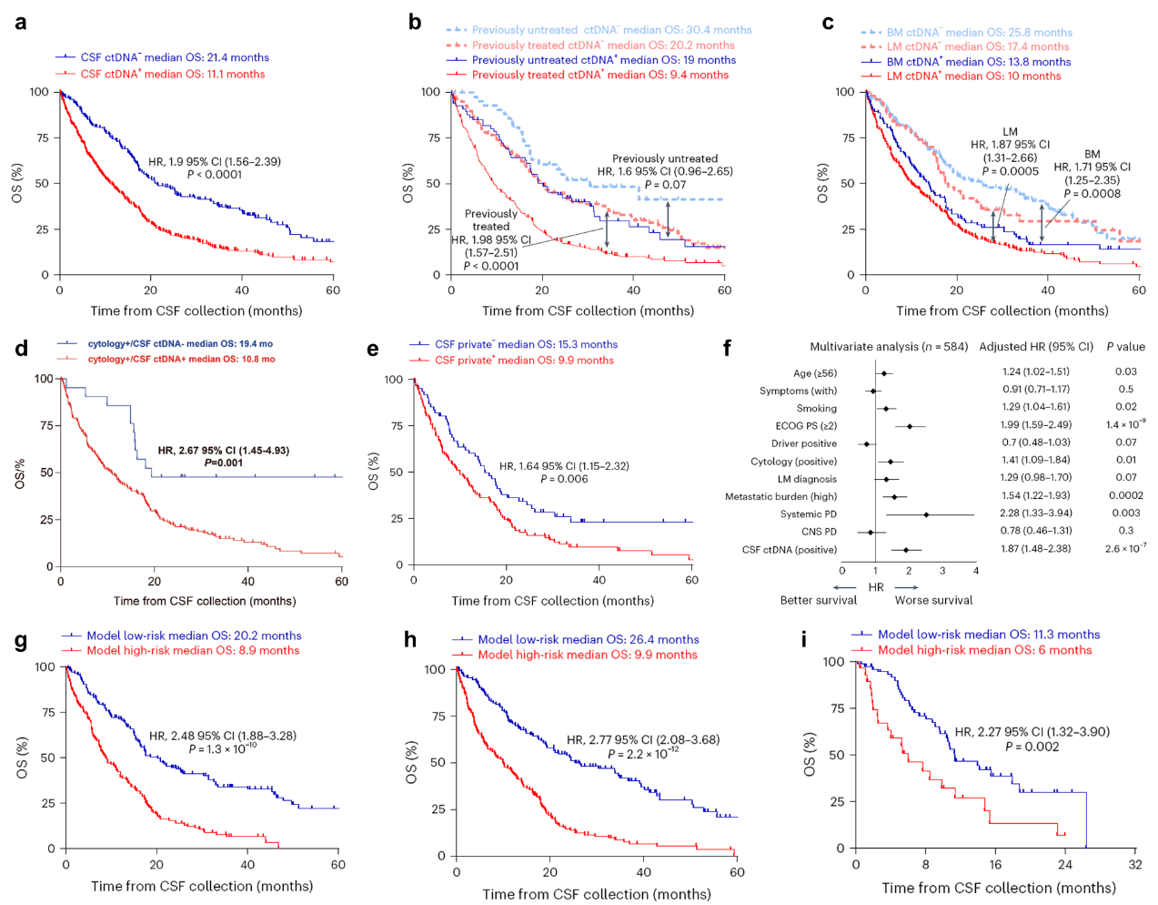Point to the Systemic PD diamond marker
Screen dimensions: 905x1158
point(926,514)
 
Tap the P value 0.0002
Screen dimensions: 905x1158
point(1125,495)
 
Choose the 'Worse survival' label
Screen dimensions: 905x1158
point(933,600)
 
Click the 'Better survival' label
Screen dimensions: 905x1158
point(818,600)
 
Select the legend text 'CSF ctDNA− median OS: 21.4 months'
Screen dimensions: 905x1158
point(175,57)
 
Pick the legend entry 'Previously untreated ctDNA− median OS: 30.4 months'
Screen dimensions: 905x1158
point(611,30)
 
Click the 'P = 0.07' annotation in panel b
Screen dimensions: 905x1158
point(666,185)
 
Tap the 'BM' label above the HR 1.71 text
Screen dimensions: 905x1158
point(1092,155)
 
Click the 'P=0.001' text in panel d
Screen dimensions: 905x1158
point(224,463)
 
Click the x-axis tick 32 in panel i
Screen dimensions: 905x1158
point(1134,865)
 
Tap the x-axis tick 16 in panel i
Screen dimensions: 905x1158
point(995,865)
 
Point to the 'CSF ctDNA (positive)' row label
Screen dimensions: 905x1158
point(789,550)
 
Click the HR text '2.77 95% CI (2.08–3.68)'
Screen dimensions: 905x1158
point(642,740)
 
